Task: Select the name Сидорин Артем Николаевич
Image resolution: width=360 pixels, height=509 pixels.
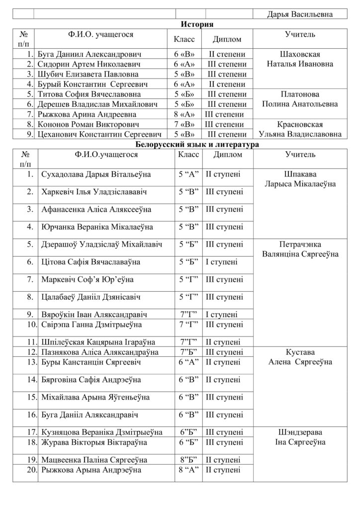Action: pos(89,64)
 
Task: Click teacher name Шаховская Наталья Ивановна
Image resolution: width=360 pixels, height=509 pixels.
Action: pos(300,59)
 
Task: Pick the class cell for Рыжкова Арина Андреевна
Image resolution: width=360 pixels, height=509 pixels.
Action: pos(187,114)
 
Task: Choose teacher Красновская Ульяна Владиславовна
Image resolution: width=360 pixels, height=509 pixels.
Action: pos(300,129)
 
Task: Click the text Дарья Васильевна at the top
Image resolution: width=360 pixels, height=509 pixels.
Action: pos(300,14)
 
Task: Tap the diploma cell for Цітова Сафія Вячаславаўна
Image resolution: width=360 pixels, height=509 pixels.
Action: pos(222,261)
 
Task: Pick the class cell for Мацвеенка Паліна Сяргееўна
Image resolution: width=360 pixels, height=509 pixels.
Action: pos(188,459)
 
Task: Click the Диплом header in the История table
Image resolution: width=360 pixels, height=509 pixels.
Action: pos(227,39)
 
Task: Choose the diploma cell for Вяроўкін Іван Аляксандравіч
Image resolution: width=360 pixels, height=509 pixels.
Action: pos(221,315)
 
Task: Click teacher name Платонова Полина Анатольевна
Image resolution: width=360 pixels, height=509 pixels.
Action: pos(300,99)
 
